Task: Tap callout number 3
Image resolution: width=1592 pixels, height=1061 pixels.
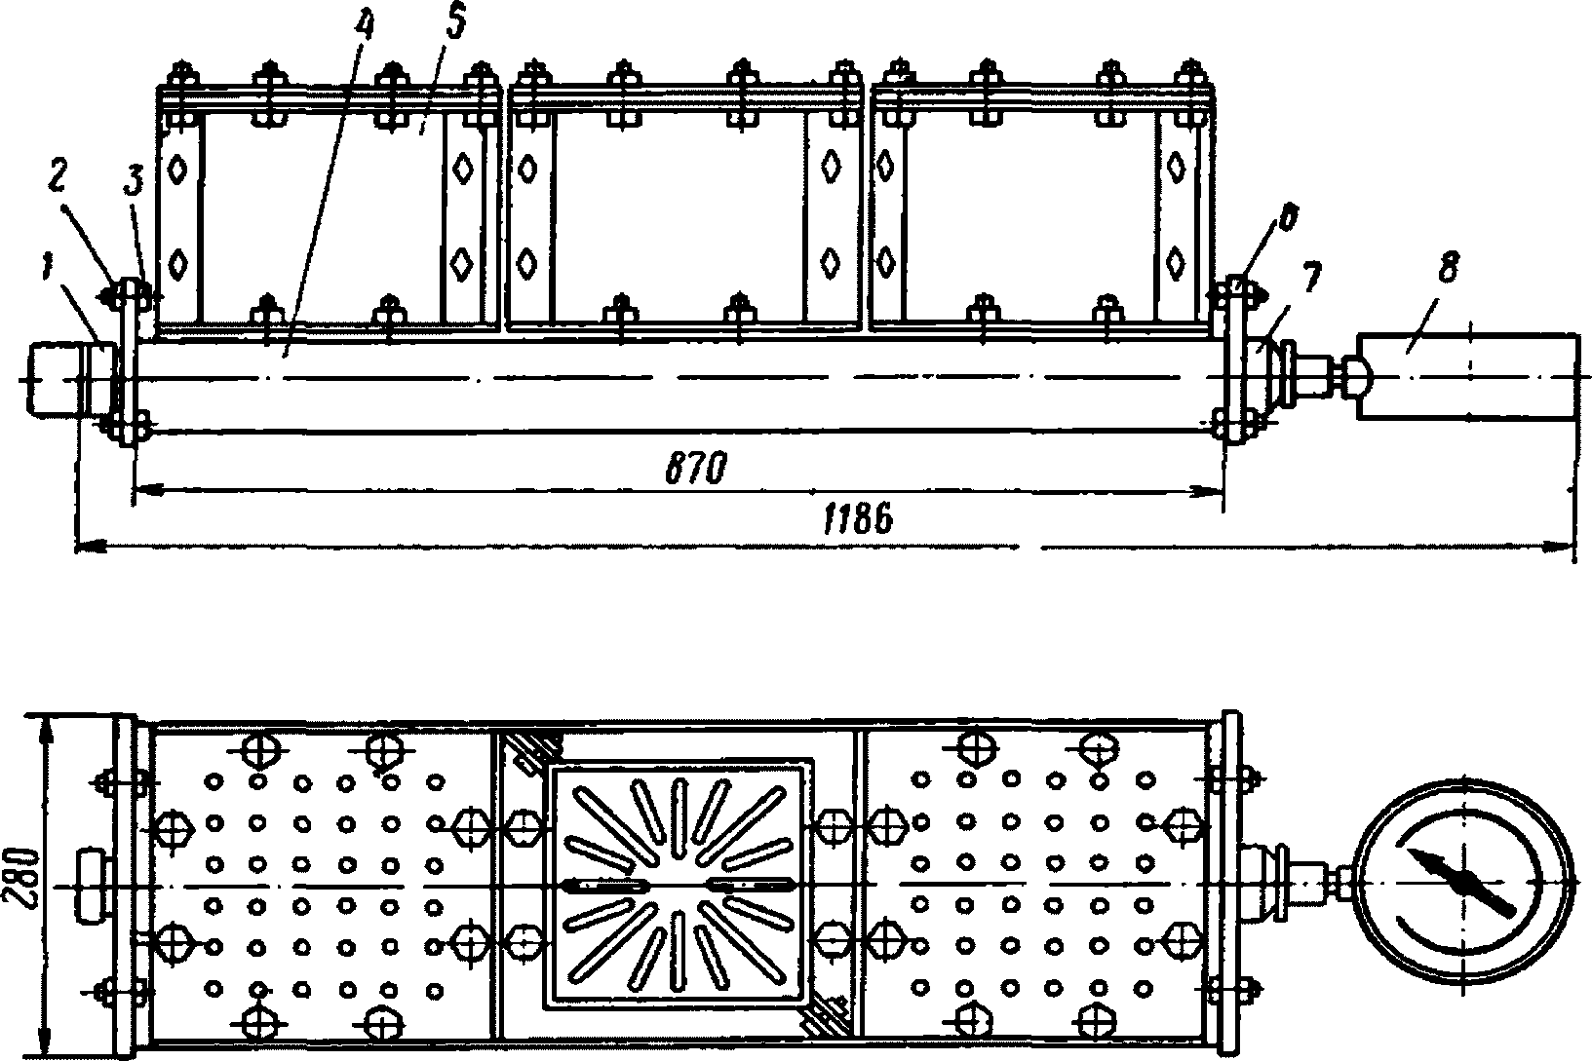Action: click(x=134, y=182)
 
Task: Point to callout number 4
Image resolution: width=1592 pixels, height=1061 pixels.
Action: click(x=365, y=28)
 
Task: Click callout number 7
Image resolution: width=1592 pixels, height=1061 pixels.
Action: click(x=1311, y=278)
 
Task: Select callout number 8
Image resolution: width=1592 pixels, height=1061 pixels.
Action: click(x=1450, y=270)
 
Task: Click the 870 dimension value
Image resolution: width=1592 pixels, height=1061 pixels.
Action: click(x=697, y=469)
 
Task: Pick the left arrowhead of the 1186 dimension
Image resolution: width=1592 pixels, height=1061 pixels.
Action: click(x=91, y=546)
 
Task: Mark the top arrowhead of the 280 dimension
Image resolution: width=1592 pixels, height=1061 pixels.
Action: click(x=49, y=732)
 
